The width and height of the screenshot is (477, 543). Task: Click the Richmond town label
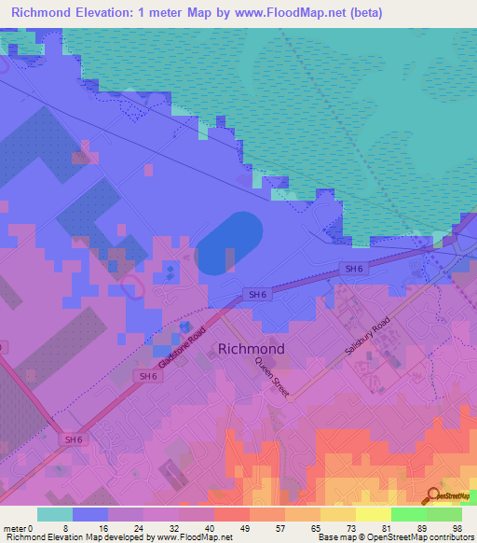(251, 349)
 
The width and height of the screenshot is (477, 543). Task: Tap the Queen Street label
(273, 381)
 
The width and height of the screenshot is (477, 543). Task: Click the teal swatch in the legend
(55, 514)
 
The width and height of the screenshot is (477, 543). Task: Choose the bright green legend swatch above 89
(408, 514)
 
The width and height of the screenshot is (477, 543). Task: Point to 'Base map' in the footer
(333, 537)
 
